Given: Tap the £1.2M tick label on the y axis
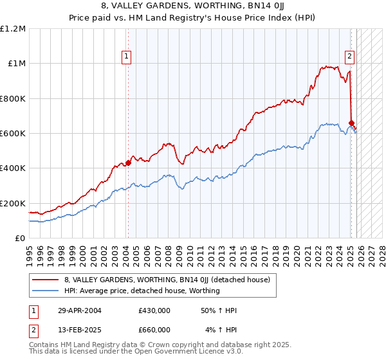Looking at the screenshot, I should click(x=13, y=29).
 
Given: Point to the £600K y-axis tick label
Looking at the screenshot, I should click(x=13, y=134).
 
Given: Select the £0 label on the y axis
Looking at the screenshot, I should click(x=19, y=239).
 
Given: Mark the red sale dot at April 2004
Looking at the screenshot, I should click(x=127, y=163).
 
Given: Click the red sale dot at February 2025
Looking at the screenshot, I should click(x=351, y=123).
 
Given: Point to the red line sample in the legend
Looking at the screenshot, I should click(x=46, y=280).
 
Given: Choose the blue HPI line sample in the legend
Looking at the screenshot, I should click(x=46, y=291).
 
